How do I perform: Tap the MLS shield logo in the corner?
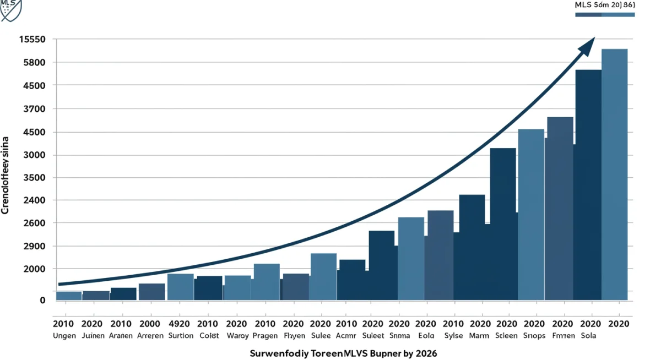pos(10,9)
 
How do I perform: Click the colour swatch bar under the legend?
pos(604,14)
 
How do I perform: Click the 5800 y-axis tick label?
pos(34,63)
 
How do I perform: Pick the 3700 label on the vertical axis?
pos(34,109)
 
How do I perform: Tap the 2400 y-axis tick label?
pos(34,200)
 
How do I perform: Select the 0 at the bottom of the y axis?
pos(42,300)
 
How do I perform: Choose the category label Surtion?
pos(180,335)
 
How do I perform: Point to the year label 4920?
pos(180,324)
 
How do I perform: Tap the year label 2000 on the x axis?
pos(151,324)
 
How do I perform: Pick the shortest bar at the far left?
pos(69,296)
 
